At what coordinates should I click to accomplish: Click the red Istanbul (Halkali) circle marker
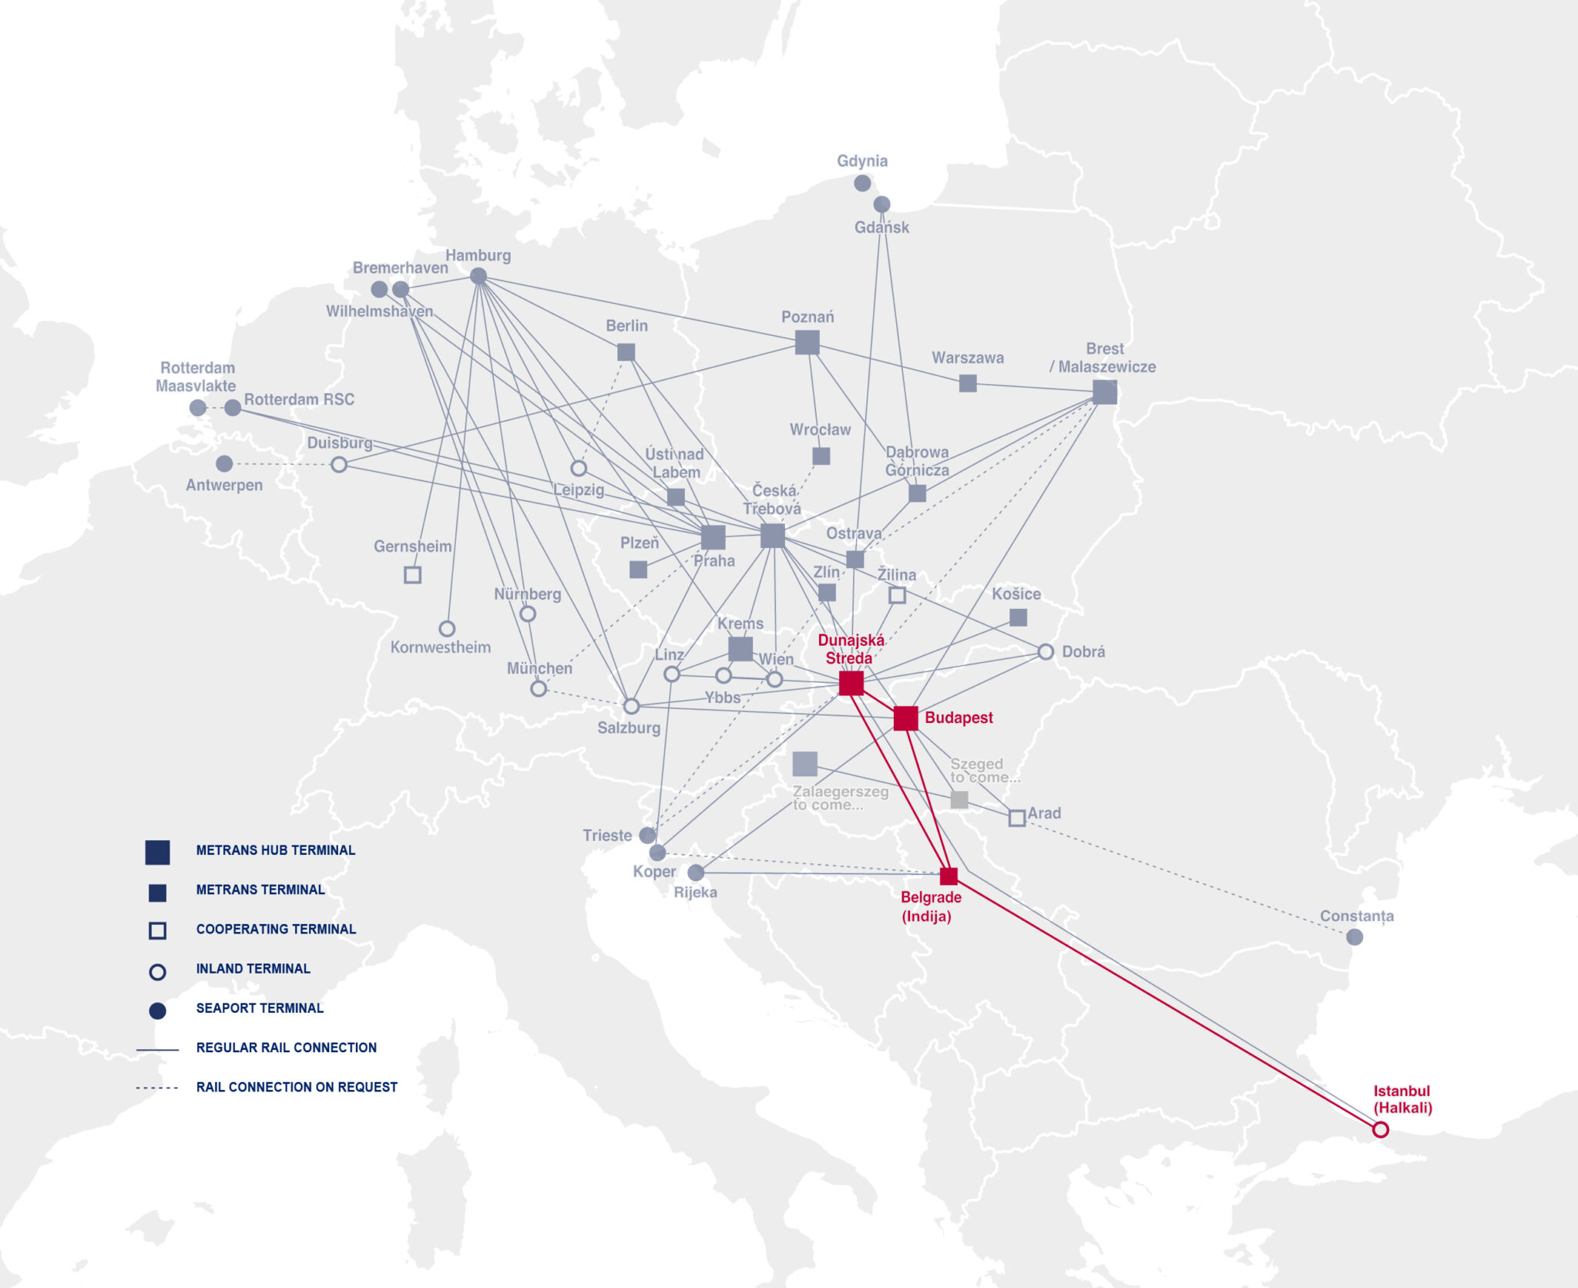tap(1380, 1129)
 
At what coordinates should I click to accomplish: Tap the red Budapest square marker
tap(905, 718)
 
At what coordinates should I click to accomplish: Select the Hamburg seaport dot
tap(478, 276)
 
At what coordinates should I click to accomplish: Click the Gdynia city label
tap(862, 161)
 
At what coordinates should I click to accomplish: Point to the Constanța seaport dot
tap(1354, 937)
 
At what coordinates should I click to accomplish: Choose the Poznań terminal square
tap(807, 342)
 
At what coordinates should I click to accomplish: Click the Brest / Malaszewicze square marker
tap(1104, 392)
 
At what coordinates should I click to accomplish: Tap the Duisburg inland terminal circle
tap(339, 465)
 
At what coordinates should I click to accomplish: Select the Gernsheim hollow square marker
tap(412, 575)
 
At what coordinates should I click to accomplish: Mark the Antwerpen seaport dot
tap(224, 464)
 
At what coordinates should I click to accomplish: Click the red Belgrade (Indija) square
tap(948, 876)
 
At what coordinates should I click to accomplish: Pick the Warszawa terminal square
tap(968, 383)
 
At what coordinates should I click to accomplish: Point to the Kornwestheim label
tap(440, 647)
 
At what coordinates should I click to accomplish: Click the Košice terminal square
tap(1018, 617)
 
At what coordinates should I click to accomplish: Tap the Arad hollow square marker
tap(1017, 819)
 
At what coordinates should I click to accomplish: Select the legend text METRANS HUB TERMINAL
tap(275, 850)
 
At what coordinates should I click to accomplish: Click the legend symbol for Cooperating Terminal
tap(157, 930)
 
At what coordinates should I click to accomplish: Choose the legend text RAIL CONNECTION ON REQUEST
tap(297, 1087)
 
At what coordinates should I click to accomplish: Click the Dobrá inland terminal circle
tap(1045, 652)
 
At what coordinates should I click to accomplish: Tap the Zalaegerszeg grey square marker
tap(804, 764)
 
